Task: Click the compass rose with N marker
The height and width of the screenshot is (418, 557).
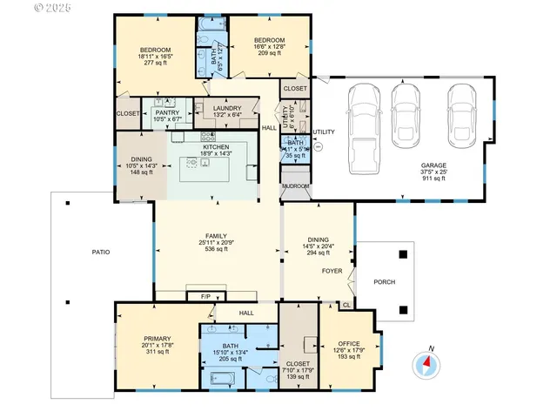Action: click(x=427, y=364)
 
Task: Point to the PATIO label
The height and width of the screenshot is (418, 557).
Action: click(x=101, y=252)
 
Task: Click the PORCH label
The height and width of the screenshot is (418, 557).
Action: click(x=384, y=282)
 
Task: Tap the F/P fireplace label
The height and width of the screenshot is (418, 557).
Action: click(x=205, y=298)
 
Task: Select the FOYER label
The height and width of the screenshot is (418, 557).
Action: click(x=332, y=271)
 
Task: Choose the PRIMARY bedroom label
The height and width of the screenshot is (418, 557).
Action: click(x=157, y=338)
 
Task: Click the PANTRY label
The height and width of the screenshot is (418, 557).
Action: click(x=166, y=112)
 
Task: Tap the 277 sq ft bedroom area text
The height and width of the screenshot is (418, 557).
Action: click(x=155, y=64)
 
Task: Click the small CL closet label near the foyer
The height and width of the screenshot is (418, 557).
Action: click(x=346, y=305)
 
